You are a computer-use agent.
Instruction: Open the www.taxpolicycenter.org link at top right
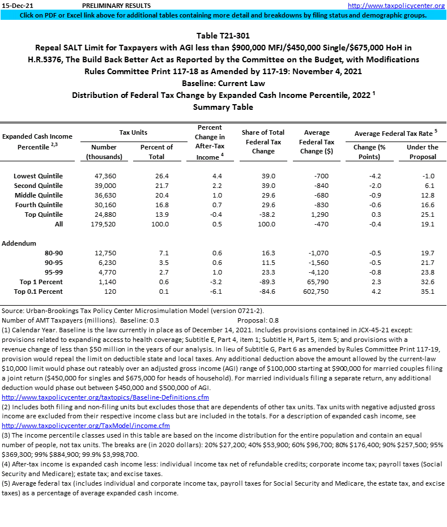(x=396, y=5)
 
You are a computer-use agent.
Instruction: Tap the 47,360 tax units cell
(x=105, y=175)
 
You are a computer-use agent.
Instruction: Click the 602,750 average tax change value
(x=316, y=292)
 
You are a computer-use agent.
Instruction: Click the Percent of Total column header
(x=156, y=152)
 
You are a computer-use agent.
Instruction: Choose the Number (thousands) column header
(x=104, y=152)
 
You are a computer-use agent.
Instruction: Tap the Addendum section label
(x=19, y=243)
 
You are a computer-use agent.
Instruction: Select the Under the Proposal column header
(x=422, y=152)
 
